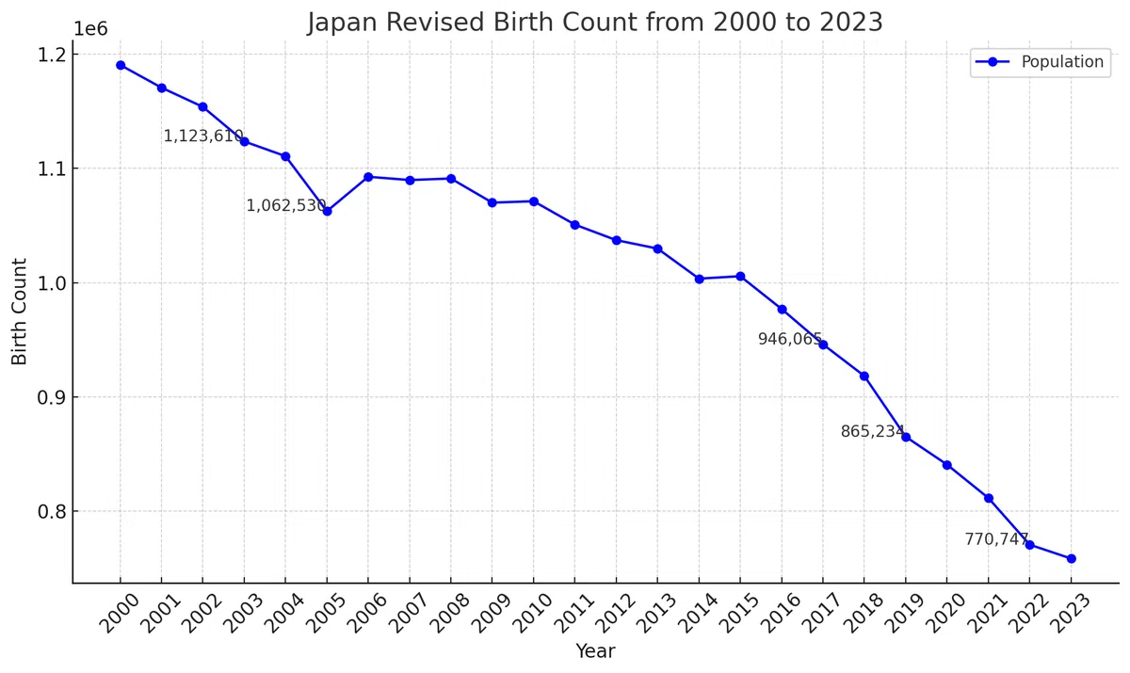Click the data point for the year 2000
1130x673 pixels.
tap(121, 66)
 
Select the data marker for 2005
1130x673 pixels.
tap(328, 211)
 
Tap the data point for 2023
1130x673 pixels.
tap(1072, 558)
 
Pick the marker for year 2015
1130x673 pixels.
tap(740, 276)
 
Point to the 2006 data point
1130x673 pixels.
tap(368, 177)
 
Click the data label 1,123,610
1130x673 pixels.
tap(203, 136)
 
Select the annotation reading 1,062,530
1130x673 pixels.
tap(286, 206)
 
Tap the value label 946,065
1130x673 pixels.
tap(790, 339)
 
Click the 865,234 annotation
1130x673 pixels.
tap(873, 431)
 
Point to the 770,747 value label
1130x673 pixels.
tap(997, 539)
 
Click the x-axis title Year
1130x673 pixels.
tap(595, 651)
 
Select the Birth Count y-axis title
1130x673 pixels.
tap(19, 312)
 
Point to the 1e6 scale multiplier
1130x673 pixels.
tap(90, 29)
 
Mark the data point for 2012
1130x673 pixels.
tap(617, 240)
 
